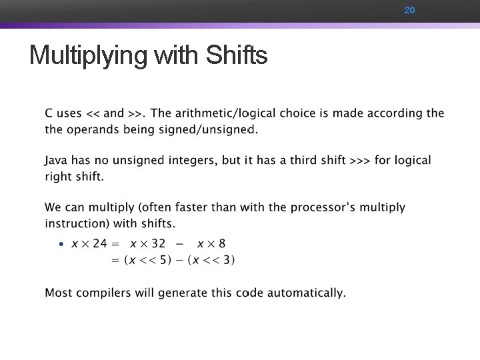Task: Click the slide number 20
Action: (409, 11)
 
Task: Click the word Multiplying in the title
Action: (88, 55)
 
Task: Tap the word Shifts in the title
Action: (237, 55)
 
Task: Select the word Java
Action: (58, 161)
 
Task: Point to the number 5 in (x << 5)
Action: (171, 260)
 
